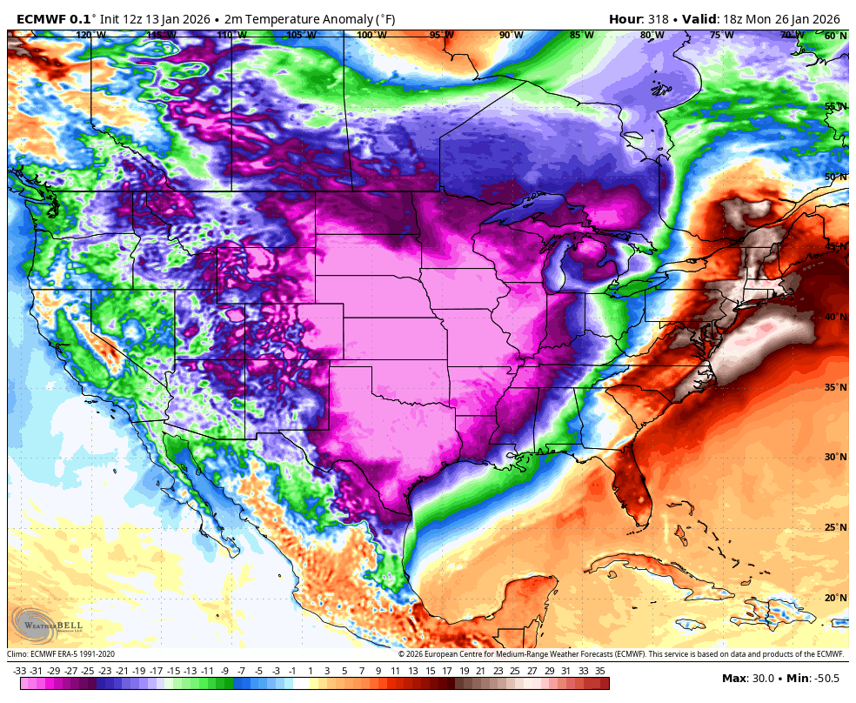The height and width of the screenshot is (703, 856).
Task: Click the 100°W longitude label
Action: [371, 35]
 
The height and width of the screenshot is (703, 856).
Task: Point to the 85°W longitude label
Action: [581, 35]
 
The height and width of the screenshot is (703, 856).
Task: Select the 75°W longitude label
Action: [721, 35]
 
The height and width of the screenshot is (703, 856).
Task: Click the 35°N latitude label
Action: [835, 387]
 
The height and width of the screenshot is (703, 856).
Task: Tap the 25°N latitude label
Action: [835, 527]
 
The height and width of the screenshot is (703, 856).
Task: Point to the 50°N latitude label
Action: [835, 177]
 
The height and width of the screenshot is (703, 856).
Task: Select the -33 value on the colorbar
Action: [19, 671]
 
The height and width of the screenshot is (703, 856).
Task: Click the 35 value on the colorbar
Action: [600, 671]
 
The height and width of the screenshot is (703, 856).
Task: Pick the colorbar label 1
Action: [310, 671]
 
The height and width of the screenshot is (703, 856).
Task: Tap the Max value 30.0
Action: [761, 679]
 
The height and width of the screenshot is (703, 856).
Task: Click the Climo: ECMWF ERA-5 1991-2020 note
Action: [61, 654]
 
